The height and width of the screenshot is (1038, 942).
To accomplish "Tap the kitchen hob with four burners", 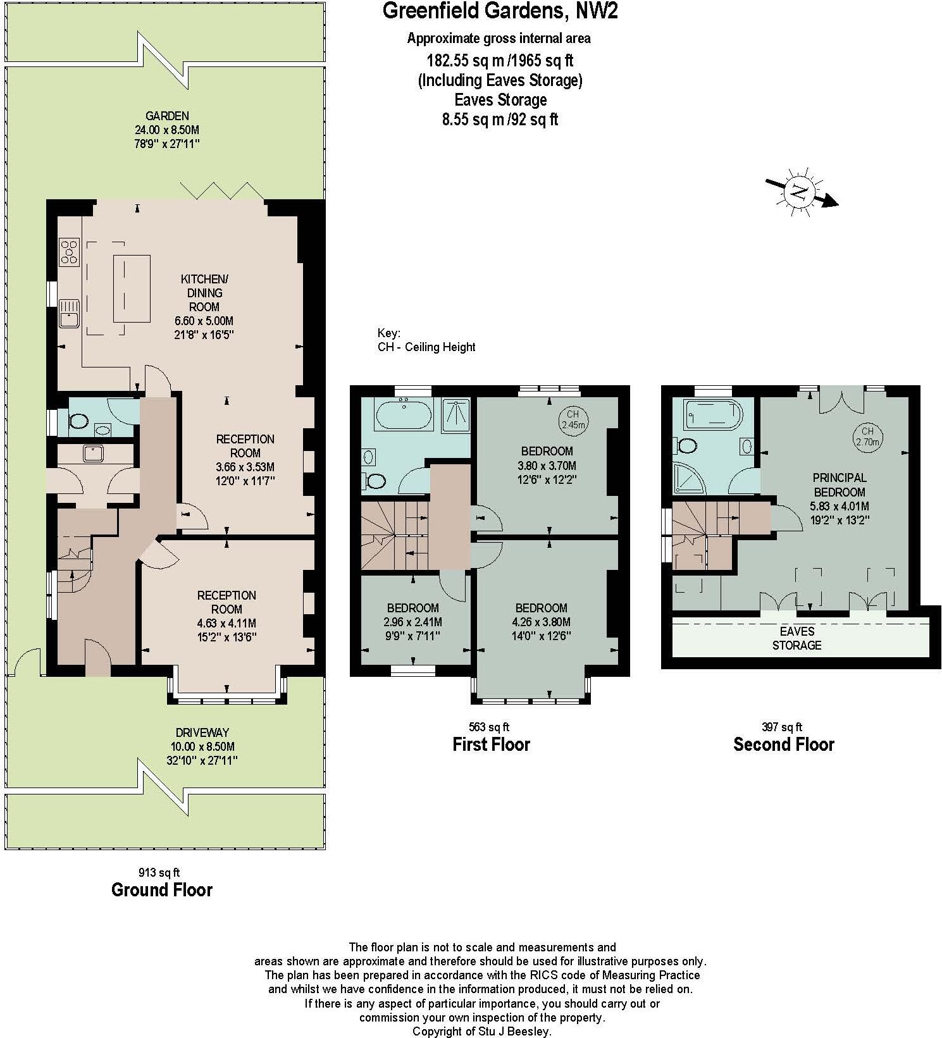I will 70,251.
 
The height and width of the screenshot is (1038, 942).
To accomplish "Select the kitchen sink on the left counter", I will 68,312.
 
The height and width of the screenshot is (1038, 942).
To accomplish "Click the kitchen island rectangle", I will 132,288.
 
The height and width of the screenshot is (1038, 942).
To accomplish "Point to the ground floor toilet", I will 79,421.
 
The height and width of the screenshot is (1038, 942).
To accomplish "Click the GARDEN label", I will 167,116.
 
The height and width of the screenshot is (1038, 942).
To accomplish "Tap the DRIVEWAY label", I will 202,732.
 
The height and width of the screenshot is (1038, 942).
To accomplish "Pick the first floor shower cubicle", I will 457,414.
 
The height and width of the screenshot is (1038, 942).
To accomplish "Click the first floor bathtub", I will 404,416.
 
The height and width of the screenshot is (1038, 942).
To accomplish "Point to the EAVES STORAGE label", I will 796,638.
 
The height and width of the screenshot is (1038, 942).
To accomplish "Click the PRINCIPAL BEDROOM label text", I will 840,485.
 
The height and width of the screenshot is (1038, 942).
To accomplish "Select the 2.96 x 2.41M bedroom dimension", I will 413,622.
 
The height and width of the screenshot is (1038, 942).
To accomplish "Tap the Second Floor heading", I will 783,745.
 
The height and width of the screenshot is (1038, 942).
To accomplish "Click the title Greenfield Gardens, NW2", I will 500,11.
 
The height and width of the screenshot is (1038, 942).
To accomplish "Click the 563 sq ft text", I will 488,727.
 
